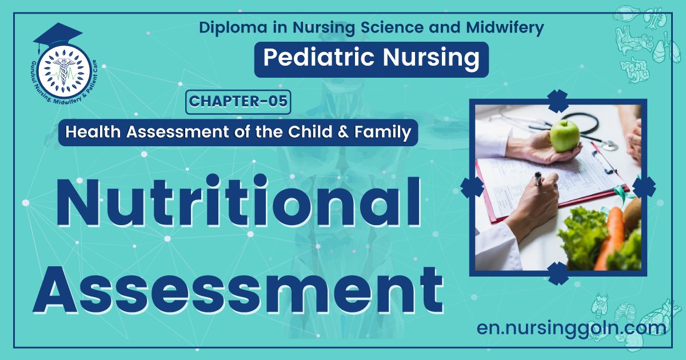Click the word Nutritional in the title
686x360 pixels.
tap(240, 201)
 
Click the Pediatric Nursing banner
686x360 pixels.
tap(371, 59)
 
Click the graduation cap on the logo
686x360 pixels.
tap(57, 37)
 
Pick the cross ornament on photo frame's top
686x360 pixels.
tap(558, 101)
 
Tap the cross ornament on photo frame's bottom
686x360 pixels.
tap(558, 273)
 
